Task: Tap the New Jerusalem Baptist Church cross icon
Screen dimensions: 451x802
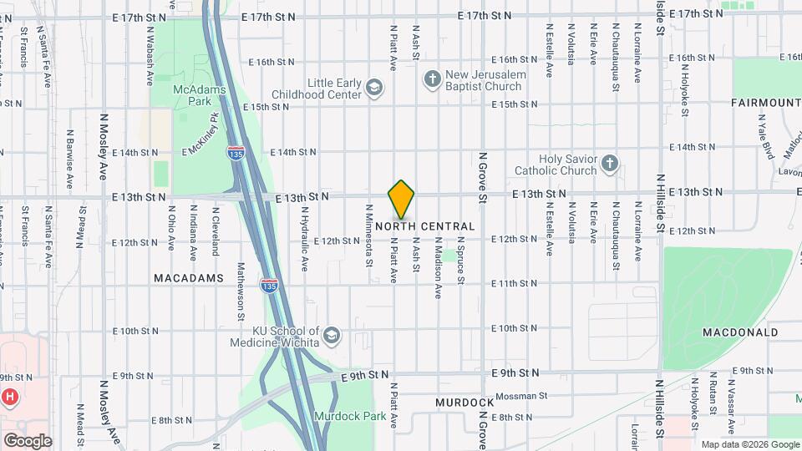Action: pyautogui.click(x=432, y=79)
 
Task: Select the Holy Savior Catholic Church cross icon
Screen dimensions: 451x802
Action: pyautogui.click(x=610, y=163)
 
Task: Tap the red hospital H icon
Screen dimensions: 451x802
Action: pyautogui.click(x=10, y=396)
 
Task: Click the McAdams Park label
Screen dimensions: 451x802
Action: pyautogui.click(x=192, y=94)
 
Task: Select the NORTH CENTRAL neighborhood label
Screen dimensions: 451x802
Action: pyautogui.click(x=425, y=226)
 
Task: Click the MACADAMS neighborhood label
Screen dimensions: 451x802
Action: pyautogui.click(x=189, y=277)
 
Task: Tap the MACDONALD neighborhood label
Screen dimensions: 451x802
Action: pyautogui.click(x=740, y=332)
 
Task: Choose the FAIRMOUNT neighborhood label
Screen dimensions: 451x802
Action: pyautogui.click(x=765, y=102)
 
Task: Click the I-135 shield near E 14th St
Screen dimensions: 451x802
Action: pyautogui.click(x=236, y=153)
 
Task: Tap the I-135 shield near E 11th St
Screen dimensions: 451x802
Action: pyautogui.click(x=269, y=286)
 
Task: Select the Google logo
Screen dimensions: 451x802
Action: pyautogui.click(x=28, y=440)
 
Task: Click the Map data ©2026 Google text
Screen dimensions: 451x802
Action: pyautogui.click(x=749, y=444)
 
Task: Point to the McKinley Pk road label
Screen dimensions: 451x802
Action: pyautogui.click(x=202, y=134)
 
